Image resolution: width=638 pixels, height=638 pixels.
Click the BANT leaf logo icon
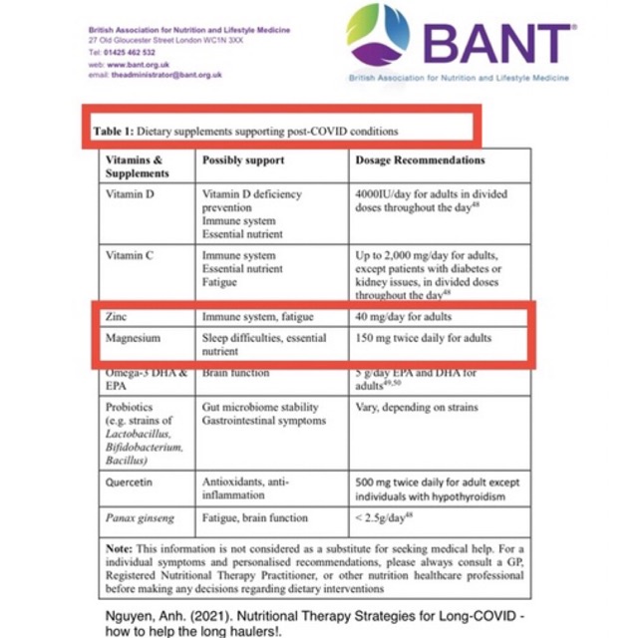(x=378, y=36)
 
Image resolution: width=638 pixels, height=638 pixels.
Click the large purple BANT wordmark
(x=497, y=42)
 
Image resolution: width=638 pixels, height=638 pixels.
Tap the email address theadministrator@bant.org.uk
(x=166, y=75)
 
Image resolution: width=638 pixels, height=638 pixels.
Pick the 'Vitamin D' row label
(x=130, y=193)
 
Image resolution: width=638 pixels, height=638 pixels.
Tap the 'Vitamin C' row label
(x=130, y=255)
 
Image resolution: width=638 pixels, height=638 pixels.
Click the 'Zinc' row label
(x=117, y=316)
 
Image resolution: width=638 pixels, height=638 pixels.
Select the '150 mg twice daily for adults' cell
(x=423, y=338)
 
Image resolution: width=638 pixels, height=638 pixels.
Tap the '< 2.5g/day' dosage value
(x=390, y=517)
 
